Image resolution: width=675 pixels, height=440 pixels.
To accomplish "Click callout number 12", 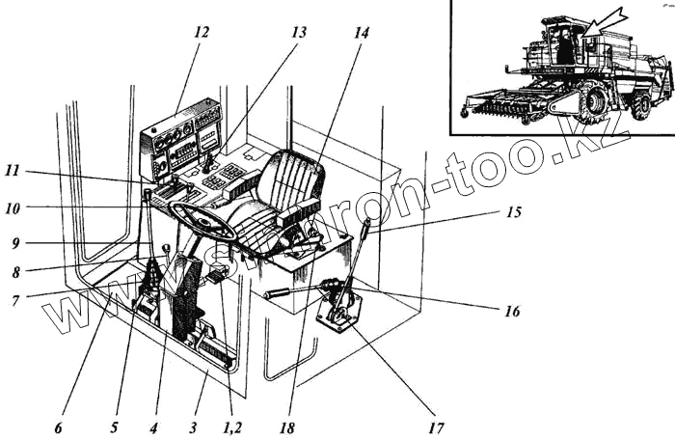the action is pos(201,31).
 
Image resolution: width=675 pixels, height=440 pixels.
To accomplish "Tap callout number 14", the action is pos(361,32).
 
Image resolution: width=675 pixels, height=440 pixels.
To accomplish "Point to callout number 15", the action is pos(514,211).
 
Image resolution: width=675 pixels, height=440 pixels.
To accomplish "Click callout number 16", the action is pos(512,312).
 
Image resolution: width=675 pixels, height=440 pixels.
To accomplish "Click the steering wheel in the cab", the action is pos(204,223).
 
